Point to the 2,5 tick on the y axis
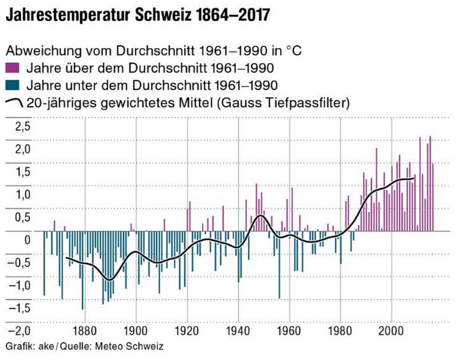[x=21, y=126]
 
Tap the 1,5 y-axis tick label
[x=21, y=172]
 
